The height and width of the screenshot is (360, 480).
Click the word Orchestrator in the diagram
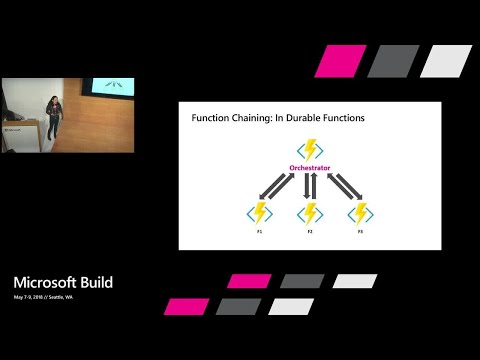pyautogui.click(x=310, y=168)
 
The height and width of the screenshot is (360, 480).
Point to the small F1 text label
pyautogui.click(x=259, y=230)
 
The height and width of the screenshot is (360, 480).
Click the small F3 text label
pyautogui.click(x=360, y=230)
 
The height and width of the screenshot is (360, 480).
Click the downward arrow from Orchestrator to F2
pyautogui.click(x=306, y=187)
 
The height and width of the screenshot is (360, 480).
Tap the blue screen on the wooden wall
pyautogui.click(x=106, y=87)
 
